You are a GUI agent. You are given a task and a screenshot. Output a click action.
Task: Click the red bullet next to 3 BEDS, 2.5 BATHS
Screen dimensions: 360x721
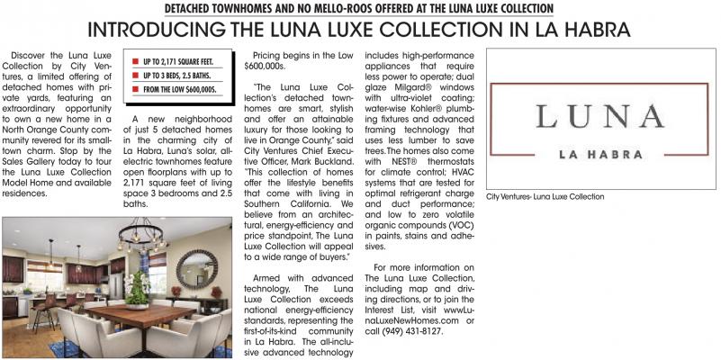(x=135, y=76)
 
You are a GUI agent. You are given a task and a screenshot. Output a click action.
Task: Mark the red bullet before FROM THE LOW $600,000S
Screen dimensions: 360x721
(x=135, y=91)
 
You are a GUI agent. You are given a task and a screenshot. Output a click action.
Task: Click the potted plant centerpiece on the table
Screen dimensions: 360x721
(x=138, y=290)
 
